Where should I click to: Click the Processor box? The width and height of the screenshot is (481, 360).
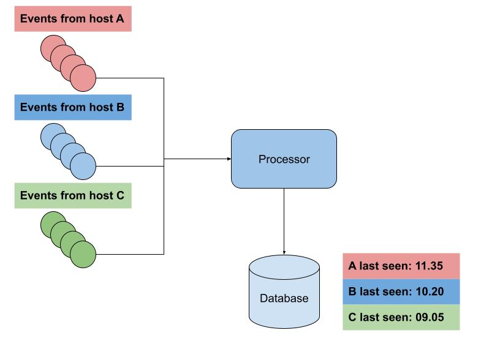pos(284,159)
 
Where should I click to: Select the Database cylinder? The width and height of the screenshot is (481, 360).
pos(284,292)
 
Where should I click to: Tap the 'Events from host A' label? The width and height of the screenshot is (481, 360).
pos(72,19)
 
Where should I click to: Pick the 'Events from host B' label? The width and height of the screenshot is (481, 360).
pos(72,107)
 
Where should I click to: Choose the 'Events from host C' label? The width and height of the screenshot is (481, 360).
pos(72,196)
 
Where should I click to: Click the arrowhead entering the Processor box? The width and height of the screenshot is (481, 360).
pos(227,159)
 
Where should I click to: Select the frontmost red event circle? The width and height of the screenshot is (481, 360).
pos(83,78)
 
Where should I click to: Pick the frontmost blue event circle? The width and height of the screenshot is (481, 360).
pos(83,166)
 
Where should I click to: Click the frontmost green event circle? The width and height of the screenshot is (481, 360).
pos(83,254)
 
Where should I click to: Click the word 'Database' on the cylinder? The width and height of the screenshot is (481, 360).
pos(284,299)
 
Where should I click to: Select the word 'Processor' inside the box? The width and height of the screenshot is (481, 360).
pos(284,159)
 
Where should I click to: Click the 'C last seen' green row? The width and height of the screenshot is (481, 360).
pos(401,317)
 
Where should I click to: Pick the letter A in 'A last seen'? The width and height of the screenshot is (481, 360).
pos(352,266)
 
